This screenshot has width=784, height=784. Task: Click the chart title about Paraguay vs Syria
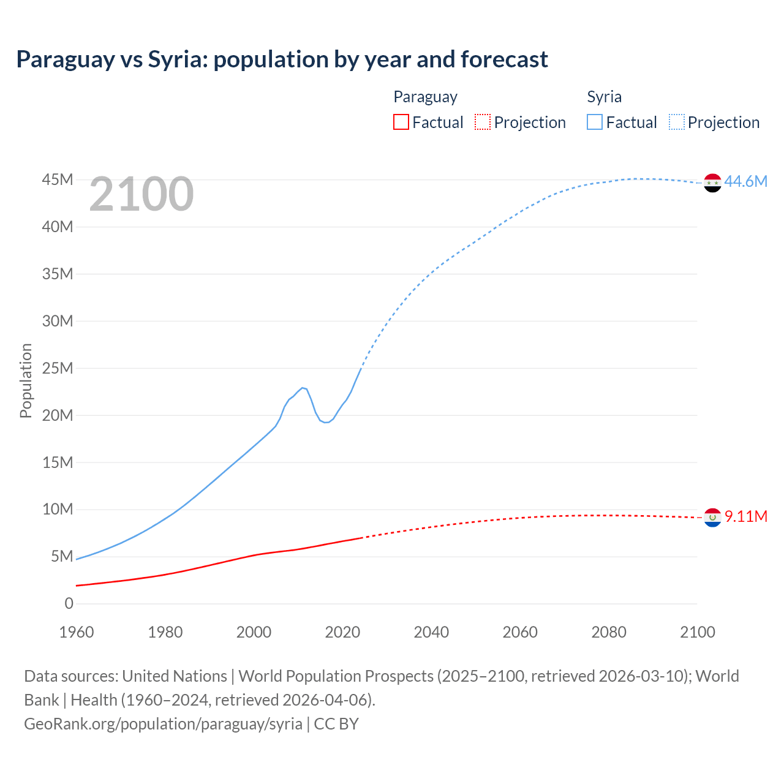click(x=282, y=59)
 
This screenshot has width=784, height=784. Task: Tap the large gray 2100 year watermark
click(x=141, y=194)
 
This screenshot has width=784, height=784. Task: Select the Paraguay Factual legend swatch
click(x=401, y=122)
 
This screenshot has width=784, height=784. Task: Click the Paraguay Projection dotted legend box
click(x=483, y=122)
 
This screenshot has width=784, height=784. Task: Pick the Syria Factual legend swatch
click(x=594, y=122)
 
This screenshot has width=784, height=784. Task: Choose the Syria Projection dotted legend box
click(x=677, y=122)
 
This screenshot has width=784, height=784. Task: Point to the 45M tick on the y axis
click(x=58, y=179)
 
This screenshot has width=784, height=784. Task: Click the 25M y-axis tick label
click(x=58, y=368)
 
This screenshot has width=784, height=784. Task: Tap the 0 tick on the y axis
click(x=69, y=603)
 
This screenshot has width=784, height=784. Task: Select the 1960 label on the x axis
click(x=77, y=632)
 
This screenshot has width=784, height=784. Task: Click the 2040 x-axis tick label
click(x=431, y=632)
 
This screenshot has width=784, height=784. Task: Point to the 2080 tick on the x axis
click(x=609, y=632)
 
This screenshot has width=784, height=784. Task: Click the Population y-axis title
click(x=26, y=380)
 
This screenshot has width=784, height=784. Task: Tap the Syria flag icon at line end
click(x=712, y=183)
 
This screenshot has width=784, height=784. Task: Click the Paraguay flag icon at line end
click(x=712, y=518)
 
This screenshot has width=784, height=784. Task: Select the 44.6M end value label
click(x=745, y=181)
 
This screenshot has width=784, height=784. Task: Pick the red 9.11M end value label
click(x=745, y=516)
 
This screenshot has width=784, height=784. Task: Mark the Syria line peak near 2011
click(x=303, y=388)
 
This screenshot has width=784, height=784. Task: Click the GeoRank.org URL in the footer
click(x=163, y=724)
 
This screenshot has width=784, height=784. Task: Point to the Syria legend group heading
click(x=604, y=97)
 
